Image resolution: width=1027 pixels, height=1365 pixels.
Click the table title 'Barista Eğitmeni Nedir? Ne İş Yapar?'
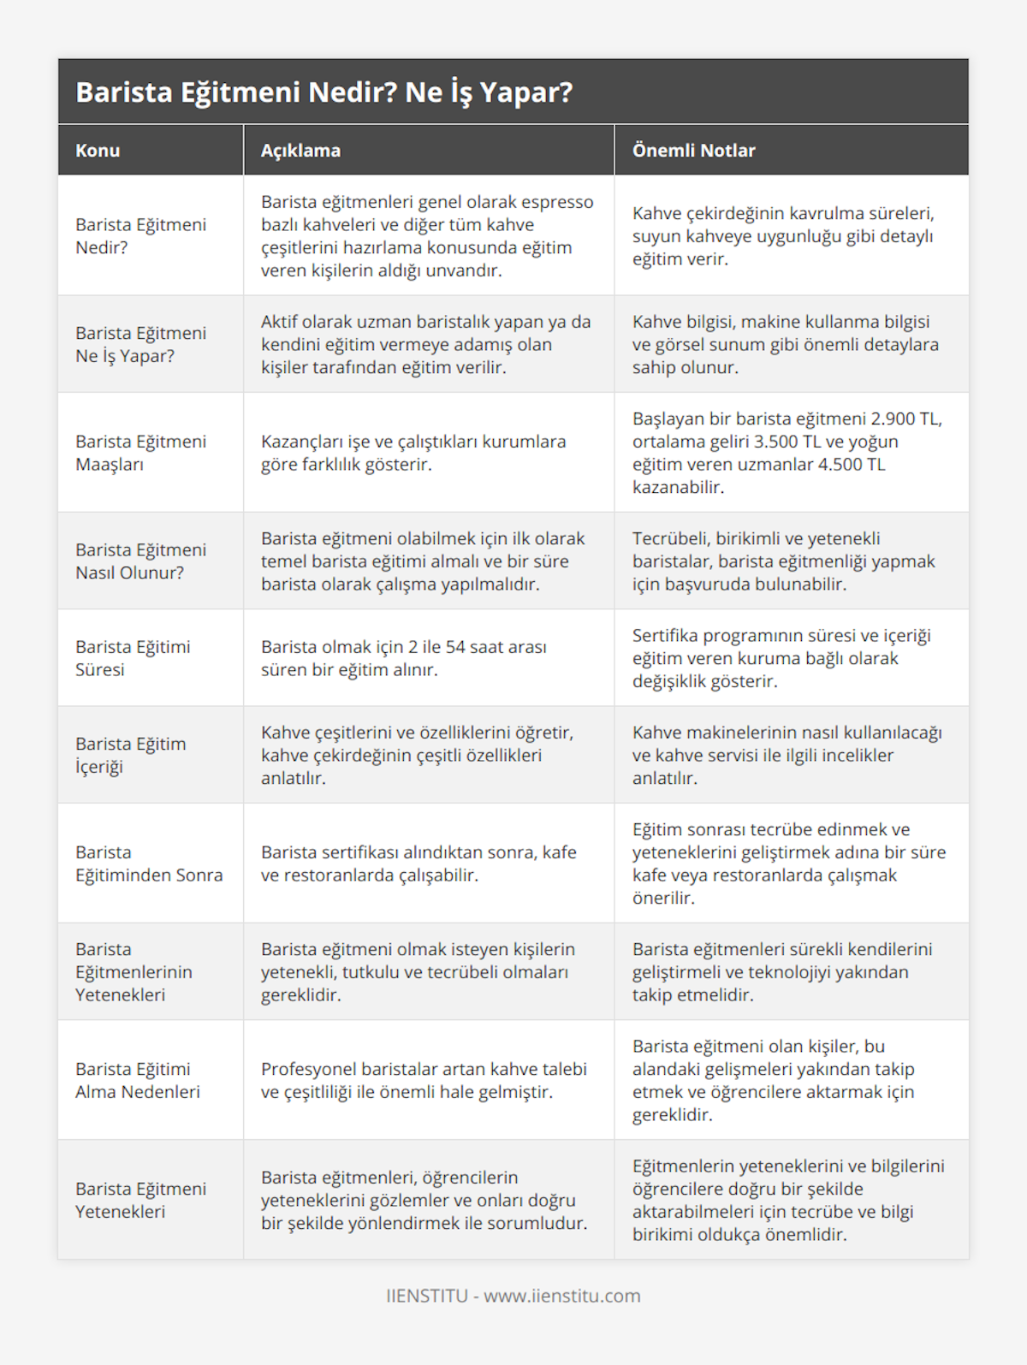pyautogui.click(x=324, y=92)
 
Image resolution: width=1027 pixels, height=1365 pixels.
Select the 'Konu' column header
pyautogui.click(x=98, y=151)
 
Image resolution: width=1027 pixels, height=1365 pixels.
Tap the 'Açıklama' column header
pyautogui.click(x=300, y=151)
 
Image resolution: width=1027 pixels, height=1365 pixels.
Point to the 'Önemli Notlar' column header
pyautogui.click(x=693, y=151)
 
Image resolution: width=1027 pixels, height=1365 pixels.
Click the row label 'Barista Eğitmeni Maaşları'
pyautogui.click(x=140, y=453)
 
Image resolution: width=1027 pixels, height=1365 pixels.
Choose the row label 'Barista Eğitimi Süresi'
pyautogui.click(x=133, y=658)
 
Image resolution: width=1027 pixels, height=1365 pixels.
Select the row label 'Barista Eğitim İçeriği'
pyautogui.click(x=130, y=755)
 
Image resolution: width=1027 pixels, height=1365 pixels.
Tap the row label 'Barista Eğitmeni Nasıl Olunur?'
pyautogui.click(x=140, y=561)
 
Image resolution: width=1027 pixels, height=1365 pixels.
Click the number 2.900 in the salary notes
pyautogui.click(x=893, y=418)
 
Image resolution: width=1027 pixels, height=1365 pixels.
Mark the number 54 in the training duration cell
pyautogui.click(x=455, y=647)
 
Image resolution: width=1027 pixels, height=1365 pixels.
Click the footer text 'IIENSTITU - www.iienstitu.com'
pyautogui.click(x=513, y=1296)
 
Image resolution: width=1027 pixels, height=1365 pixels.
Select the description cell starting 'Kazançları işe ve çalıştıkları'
pyautogui.click(x=413, y=453)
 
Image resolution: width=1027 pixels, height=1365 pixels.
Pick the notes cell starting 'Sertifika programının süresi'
pyautogui.click(x=781, y=658)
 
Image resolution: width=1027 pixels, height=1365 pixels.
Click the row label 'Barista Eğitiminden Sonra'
pyautogui.click(x=148, y=864)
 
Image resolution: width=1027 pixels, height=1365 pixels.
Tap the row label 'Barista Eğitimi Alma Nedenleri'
pyautogui.click(x=137, y=1080)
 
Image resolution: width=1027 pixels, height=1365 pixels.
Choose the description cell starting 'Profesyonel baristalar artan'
pyautogui.click(x=424, y=1080)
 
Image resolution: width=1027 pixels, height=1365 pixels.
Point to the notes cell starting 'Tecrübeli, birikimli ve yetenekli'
pyautogui.click(x=783, y=561)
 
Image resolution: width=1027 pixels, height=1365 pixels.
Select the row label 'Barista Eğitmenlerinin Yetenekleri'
pyautogui.click(x=134, y=971)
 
